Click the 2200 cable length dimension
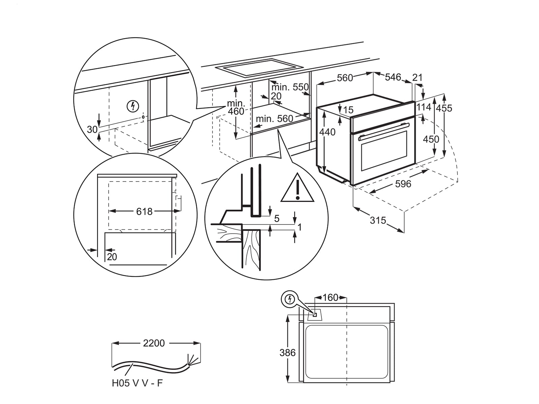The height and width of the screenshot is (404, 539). pyautogui.click(x=154, y=343)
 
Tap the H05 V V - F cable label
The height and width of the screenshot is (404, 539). pyautogui.click(x=137, y=383)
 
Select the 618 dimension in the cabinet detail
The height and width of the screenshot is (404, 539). pyautogui.click(x=144, y=211)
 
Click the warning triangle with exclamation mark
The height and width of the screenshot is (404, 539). pyautogui.click(x=297, y=190)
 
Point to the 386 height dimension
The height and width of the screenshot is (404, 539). pyautogui.click(x=287, y=352)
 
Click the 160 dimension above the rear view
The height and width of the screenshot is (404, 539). pyautogui.click(x=330, y=298)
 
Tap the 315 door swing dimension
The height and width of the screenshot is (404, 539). pyautogui.click(x=378, y=220)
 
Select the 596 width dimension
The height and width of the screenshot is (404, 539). pyautogui.click(x=403, y=184)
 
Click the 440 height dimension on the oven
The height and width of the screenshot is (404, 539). pyautogui.click(x=327, y=132)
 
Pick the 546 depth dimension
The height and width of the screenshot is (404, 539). pyautogui.click(x=393, y=77)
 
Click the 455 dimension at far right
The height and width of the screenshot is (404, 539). pyautogui.click(x=444, y=108)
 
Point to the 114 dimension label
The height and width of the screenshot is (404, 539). pyautogui.click(x=424, y=107)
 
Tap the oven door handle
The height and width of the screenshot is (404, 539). pyautogui.click(x=383, y=131)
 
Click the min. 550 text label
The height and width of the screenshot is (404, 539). pyautogui.click(x=290, y=87)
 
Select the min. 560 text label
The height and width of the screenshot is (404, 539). pyautogui.click(x=274, y=119)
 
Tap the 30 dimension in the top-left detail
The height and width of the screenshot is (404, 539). pyautogui.click(x=92, y=129)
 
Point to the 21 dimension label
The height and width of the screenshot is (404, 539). pyautogui.click(x=417, y=77)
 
